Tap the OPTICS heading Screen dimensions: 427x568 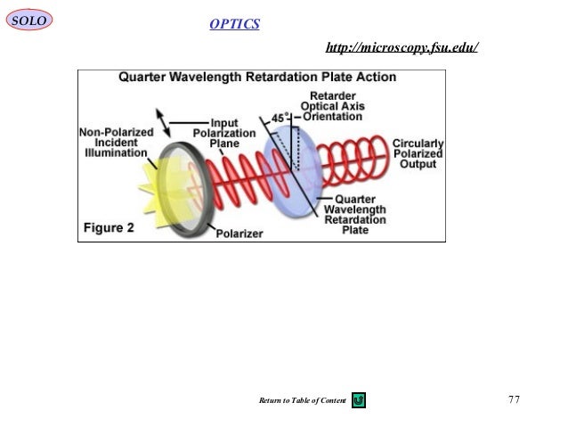(235, 23)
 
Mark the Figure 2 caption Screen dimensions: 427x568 (109, 226)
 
